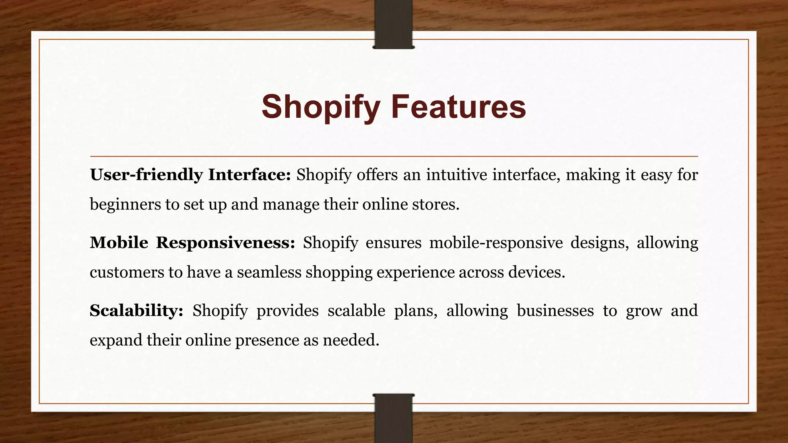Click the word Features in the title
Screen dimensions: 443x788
pyautogui.click(x=458, y=107)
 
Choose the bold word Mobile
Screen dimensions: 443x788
pyautogui.click(x=119, y=243)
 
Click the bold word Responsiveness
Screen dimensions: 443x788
pyautogui.click(x=225, y=243)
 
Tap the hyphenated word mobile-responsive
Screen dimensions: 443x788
pyautogui.click(x=496, y=243)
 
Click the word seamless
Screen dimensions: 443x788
pyautogui.click(x=269, y=272)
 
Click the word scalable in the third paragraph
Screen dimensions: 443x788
pyautogui.click(x=356, y=311)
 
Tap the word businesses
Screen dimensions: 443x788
pyautogui.click(x=555, y=311)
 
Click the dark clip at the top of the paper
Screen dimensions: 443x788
pyautogui.click(x=393, y=25)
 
